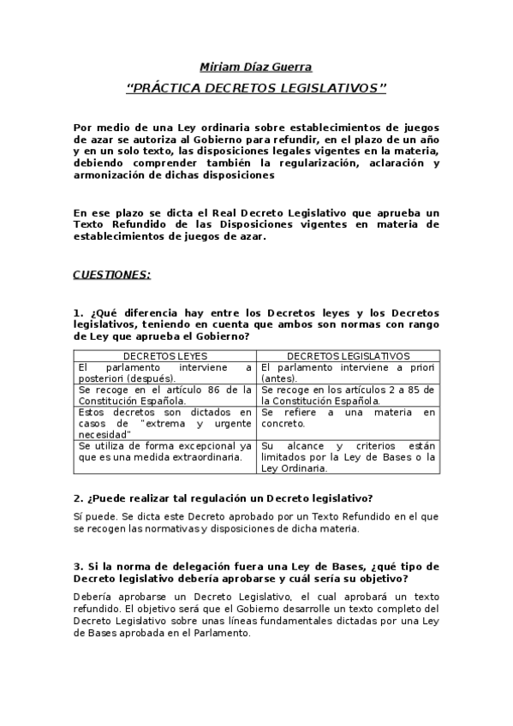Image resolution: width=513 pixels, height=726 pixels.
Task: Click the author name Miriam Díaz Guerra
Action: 256,67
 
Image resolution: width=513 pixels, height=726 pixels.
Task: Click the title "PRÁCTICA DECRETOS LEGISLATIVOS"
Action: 256,88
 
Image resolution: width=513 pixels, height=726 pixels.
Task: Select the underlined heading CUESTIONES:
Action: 111,275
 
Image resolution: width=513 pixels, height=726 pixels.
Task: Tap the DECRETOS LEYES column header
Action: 164,356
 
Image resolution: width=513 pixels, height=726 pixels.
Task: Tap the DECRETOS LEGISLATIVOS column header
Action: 348,356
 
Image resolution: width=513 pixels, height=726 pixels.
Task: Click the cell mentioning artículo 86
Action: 164,395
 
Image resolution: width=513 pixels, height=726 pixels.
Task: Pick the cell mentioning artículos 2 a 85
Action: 348,395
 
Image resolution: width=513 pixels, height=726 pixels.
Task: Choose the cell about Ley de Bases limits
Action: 348,457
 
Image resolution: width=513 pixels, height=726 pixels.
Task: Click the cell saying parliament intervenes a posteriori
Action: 164,372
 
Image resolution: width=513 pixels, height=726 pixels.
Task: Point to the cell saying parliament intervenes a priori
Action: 348,372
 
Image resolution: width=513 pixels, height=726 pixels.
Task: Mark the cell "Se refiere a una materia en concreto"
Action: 348,418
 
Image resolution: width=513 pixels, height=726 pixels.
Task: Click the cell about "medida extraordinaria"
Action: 164,451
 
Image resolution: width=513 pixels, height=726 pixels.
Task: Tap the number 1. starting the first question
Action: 77,313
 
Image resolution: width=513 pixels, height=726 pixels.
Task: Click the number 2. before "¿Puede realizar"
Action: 77,497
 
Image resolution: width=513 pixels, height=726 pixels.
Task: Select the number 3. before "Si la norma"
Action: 77,566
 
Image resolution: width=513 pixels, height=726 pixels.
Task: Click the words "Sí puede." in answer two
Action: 92,516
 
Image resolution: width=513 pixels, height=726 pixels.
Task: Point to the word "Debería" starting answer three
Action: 92,596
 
